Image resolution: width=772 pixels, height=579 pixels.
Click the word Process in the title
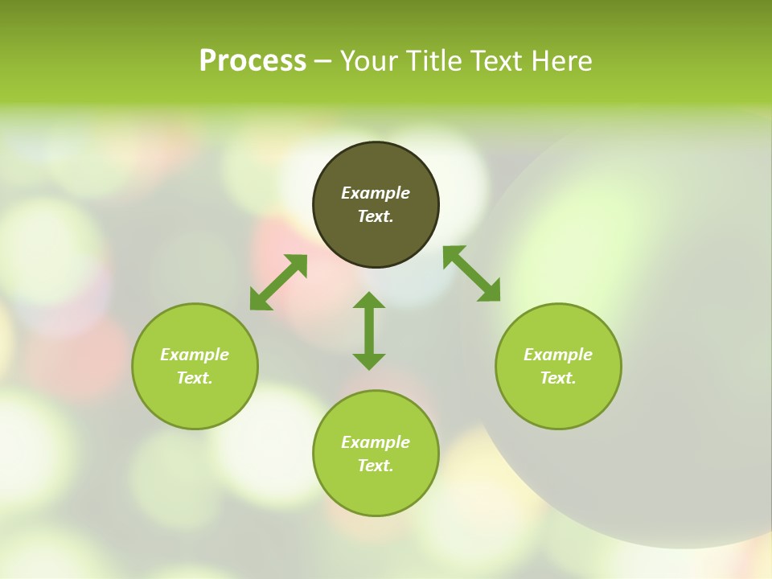click(x=253, y=61)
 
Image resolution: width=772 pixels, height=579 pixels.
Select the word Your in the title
click(x=371, y=61)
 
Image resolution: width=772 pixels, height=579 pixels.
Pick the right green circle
click(x=558, y=398)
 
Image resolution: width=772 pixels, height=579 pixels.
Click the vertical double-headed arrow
click(x=369, y=331)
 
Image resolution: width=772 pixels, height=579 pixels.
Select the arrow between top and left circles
click(x=278, y=282)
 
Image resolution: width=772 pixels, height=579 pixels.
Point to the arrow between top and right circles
click(x=471, y=273)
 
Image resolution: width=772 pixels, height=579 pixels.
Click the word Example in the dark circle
click(x=376, y=193)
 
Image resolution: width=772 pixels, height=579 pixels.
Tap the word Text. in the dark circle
click(x=376, y=216)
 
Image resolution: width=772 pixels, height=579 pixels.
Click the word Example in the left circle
click(x=195, y=355)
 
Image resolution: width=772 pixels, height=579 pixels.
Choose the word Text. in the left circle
click(x=195, y=378)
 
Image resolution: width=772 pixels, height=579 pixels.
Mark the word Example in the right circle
click(x=558, y=355)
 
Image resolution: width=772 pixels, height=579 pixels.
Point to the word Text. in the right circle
click(x=558, y=378)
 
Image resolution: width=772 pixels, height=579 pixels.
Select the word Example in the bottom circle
click(x=376, y=442)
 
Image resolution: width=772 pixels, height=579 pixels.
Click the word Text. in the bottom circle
click(x=376, y=466)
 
